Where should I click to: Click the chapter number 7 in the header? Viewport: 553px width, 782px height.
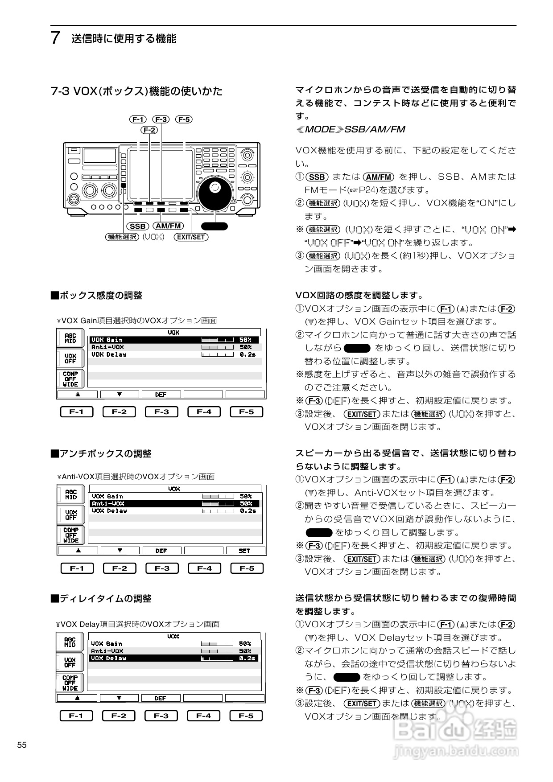coord(55,38)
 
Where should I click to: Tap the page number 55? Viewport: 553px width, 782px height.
coord(22,745)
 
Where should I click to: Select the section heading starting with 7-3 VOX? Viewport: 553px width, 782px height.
coord(136,91)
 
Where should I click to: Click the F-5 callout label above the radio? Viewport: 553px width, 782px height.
coord(184,119)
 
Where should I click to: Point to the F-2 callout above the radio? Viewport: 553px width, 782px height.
coord(149,130)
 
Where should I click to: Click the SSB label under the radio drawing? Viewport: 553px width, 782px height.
coord(138,226)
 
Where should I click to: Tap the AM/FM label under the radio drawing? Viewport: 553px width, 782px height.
coord(169,226)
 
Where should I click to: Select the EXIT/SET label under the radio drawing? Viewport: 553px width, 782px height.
coord(191,237)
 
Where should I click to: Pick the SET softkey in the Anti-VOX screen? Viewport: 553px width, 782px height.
coord(245,551)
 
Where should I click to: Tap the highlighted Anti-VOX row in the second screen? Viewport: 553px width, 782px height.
coord(174,503)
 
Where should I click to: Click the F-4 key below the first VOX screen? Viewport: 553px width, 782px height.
coord(204,412)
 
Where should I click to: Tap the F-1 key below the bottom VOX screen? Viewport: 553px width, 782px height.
coord(76,716)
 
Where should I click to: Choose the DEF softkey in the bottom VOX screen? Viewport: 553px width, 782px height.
coord(161,698)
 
